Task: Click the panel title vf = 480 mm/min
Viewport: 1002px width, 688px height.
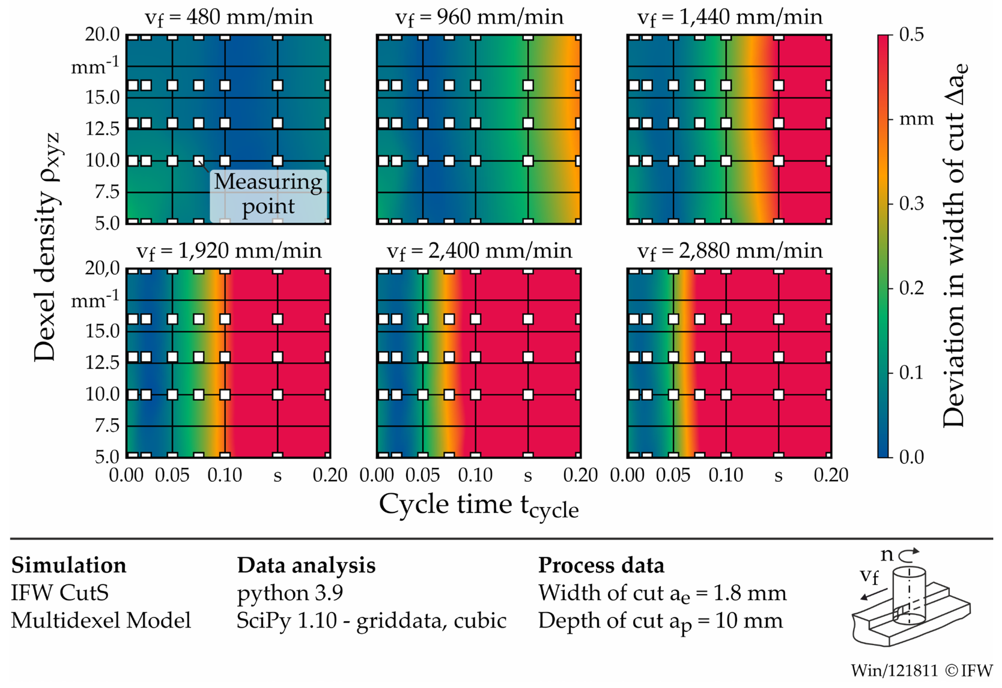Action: (x=229, y=17)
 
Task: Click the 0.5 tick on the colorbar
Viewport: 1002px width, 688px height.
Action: (x=911, y=35)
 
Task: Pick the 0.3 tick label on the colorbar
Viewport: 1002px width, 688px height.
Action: (x=911, y=204)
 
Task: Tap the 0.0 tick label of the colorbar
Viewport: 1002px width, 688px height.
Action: (x=911, y=457)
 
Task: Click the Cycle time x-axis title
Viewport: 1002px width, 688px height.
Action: (x=478, y=505)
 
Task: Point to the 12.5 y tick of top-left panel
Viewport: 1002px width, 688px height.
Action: (x=102, y=129)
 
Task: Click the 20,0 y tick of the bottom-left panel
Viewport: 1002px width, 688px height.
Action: (x=102, y=269)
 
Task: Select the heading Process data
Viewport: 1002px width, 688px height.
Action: (x=601, y=565)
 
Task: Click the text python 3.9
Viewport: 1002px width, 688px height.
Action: (x=290, y=593)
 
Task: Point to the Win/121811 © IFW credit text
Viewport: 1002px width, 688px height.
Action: (x=921, y=670)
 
